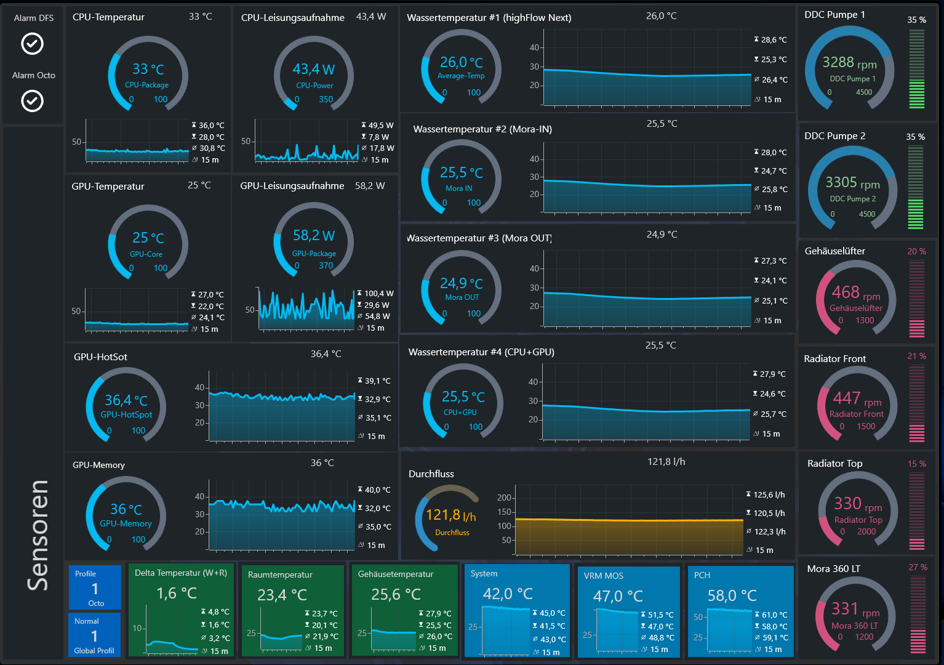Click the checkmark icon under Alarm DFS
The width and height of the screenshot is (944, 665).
coord(33,44)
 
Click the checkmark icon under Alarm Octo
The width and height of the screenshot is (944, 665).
coord(33,101)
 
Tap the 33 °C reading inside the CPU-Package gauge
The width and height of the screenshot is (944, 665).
coord(148,69)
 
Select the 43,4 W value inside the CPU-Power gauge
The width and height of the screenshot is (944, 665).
coord(314,69)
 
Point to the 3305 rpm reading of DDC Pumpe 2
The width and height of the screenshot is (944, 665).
coord(852,183)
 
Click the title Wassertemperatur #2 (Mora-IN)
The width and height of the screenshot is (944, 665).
coord(482,129)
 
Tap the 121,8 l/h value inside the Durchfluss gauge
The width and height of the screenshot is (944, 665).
coord(450,515)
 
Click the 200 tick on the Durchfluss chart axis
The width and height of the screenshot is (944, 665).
coord(504,498)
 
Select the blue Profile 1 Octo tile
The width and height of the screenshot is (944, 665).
coord(95,587)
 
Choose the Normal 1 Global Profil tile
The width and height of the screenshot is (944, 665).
coord(94,635)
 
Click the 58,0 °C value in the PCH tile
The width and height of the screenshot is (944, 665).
coord(732,595)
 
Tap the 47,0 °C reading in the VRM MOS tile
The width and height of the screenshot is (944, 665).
coord(618,596)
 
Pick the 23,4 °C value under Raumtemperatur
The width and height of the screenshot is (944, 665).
coord(282,595)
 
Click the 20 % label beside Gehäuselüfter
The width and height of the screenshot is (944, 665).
coord(916,251)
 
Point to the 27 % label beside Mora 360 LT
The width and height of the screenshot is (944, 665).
coord(918,568)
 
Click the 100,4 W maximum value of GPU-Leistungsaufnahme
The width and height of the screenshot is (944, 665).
coord(379,294)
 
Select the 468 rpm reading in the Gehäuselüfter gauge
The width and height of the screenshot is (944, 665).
coord(855,292)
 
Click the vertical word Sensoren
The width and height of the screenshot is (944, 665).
coord(38,536)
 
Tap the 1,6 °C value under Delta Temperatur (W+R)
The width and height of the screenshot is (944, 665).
coord(177,594)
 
